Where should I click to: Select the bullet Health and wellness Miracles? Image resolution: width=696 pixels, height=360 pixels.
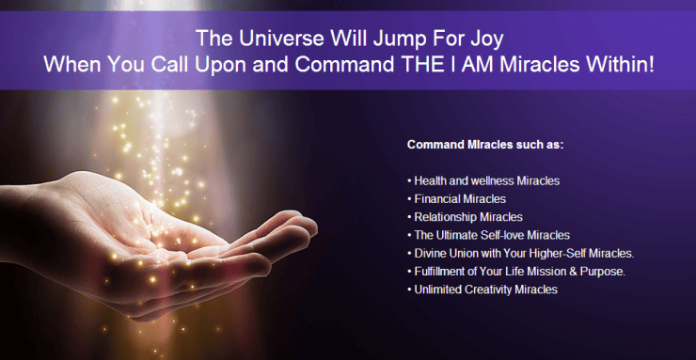point(481,180)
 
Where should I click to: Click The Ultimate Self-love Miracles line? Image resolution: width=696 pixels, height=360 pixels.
point(488,235)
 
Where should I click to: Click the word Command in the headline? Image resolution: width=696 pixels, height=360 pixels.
point(347,66)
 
